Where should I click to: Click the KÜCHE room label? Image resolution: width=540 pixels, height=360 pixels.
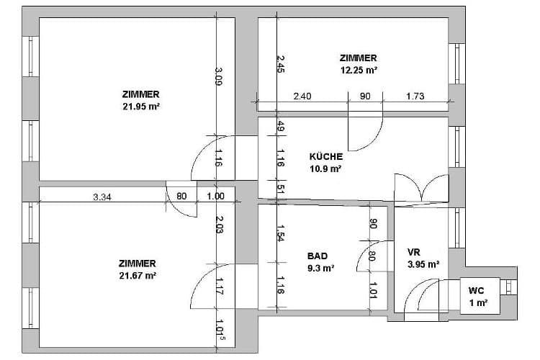click(325, 157)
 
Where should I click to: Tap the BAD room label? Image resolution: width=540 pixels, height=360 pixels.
click(318, 256)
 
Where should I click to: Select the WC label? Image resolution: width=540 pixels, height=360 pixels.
click(476, 290)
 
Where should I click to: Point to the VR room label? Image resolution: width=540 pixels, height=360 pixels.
click(413, 252)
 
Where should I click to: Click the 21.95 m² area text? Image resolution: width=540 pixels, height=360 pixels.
click(141, 107)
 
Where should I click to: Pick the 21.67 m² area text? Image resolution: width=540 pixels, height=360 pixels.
click(138, 276)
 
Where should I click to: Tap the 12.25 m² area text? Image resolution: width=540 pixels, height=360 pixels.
click(359, 71)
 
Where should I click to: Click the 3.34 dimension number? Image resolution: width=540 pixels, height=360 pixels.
click(102, 197)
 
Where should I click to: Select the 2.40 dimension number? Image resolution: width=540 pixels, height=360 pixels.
click(302, 96)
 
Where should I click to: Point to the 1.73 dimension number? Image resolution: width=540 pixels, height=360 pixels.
click(415, 96)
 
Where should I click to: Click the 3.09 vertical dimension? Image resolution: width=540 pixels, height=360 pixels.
click(219, 76)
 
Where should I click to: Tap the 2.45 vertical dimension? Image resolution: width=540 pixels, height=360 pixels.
click(281, 64)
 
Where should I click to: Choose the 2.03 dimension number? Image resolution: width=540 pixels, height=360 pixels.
click(220, 224)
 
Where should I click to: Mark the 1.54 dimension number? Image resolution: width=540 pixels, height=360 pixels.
click(281, 233)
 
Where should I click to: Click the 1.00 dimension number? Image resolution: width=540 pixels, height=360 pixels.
click(215, 196)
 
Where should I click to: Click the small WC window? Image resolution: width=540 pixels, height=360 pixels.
click(508, 287)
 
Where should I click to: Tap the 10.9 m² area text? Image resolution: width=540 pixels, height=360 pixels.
click(325, 168)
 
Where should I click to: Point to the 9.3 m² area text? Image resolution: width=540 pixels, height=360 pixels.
click(320, 268)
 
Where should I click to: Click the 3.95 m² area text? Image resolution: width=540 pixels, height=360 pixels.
click(423, 264)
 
